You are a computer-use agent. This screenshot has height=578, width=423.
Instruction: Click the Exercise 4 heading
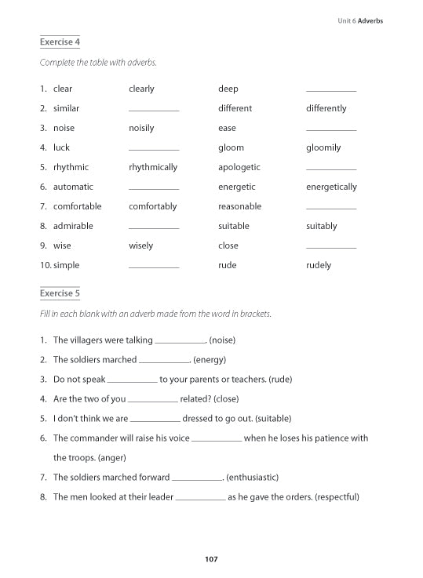pos(60,42)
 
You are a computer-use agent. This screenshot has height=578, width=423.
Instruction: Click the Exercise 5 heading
pos(60,293)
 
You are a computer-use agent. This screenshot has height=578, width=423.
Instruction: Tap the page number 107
pos(210,559)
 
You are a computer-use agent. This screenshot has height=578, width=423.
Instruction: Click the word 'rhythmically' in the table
pos(153,167)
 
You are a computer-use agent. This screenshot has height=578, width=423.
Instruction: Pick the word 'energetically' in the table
pos(331,187)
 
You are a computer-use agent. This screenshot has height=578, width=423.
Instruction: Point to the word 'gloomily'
pos(323,147)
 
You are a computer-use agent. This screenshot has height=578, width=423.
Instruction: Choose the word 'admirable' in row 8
pos(73,226)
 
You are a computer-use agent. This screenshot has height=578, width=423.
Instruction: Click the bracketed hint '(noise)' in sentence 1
pos(222,340)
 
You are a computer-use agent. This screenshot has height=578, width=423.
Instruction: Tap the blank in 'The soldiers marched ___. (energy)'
pos(163,362)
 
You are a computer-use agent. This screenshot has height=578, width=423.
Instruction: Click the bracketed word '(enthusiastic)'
pos(252,477)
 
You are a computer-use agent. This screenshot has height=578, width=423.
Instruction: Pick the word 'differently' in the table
pos(326,108)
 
